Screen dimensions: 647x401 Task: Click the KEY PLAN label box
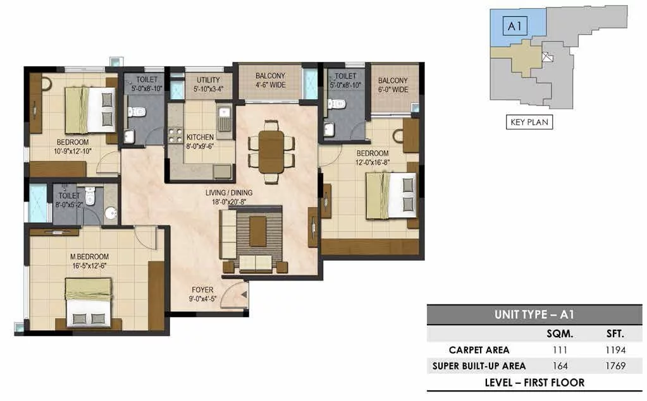coord(529,122)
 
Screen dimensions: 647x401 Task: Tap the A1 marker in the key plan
coord(515,27)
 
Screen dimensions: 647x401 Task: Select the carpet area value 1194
coord(615,350)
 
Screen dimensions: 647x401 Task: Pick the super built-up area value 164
coord(560,366)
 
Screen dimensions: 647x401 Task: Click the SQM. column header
coord(560,333)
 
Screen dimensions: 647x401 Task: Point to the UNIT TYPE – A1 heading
coord(534,314)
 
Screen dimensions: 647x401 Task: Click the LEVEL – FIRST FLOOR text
coord(534,383)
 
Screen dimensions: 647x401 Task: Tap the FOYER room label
coord(202,290)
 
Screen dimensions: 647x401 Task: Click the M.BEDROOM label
coord(90,256)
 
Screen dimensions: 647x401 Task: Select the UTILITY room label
coord(208,80)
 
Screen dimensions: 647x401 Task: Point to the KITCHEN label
coord(200,137)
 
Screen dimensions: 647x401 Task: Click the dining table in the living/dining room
coord(271,152)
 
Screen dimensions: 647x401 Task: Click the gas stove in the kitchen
coord(175,136)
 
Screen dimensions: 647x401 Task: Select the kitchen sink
coord(225,118)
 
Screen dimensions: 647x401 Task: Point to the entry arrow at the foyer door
coord(244,295)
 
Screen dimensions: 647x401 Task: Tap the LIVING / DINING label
coord(229,193)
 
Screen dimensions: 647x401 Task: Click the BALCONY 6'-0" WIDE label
coord(393,85)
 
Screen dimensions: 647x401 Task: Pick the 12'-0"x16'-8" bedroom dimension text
coord(373,162)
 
